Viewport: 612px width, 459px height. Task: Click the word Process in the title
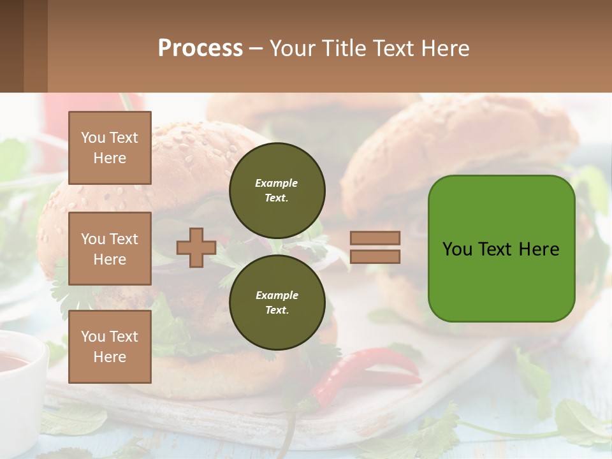[x=200, y=48]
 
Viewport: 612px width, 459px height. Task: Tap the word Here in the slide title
[x=444, y=48]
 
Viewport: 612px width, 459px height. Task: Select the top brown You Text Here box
[x=110, y=148]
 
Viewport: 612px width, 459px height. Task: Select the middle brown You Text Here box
[x=110, y=249]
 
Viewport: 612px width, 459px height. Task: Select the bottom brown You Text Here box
[x=110, y=346]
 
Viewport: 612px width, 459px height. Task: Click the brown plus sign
[x=196, y=247]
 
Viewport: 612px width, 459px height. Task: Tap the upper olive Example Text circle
[x=277, y=191]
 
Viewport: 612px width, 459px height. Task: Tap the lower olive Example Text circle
[x=277, y=303]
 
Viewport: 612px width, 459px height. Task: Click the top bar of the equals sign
[x=375, y=238]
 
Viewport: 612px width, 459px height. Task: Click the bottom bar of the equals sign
[x=375, y=256]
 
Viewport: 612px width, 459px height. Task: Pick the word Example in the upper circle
[x=277, y=183]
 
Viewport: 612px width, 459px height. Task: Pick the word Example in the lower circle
[x=277, y=295]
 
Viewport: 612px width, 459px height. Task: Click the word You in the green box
[x=457, y=249]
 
